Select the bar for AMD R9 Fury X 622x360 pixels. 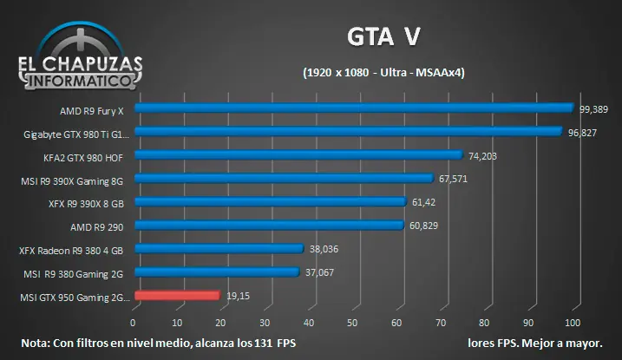coord(354,108)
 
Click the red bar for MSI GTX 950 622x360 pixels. coord(178,296)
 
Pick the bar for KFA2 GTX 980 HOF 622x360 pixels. coord(298,155)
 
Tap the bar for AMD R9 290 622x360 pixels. coord(269,226)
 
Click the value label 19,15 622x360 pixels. coord(238,296)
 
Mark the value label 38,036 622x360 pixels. coord(324,249)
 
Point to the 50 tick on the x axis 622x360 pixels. coord(352,323)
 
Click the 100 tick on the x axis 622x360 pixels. coord(572,323)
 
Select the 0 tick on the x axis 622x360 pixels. coord(134,323)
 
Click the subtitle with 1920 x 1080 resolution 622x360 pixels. coord(383,74)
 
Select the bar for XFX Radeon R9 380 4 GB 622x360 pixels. coord(219,249)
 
